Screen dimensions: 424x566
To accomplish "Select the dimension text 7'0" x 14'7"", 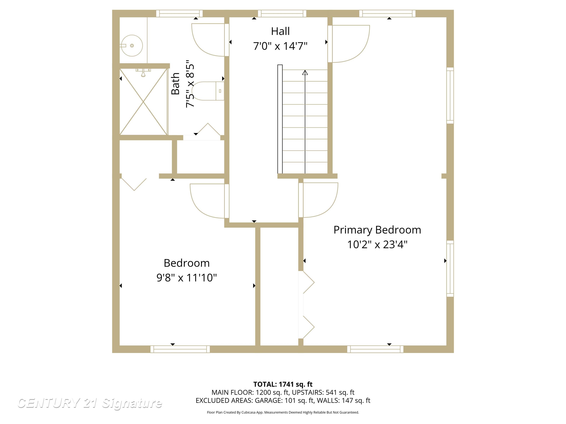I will pos(280,46).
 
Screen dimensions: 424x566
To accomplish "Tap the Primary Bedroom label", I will pos(377,230).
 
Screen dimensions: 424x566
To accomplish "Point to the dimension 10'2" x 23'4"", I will pos(377,245).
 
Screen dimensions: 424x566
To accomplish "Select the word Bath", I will pos(176,84).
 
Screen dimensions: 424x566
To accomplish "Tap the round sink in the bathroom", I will pos(132,45).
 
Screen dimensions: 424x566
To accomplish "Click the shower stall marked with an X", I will pos(144,102).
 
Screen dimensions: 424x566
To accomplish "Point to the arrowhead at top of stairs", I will pos(305,73).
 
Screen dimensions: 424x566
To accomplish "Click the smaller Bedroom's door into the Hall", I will pos(207,201).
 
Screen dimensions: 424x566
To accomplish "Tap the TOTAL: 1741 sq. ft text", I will pos(283,384).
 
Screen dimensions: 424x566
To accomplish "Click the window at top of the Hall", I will pos(282,14).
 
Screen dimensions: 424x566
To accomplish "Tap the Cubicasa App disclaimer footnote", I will pos(283,412).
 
